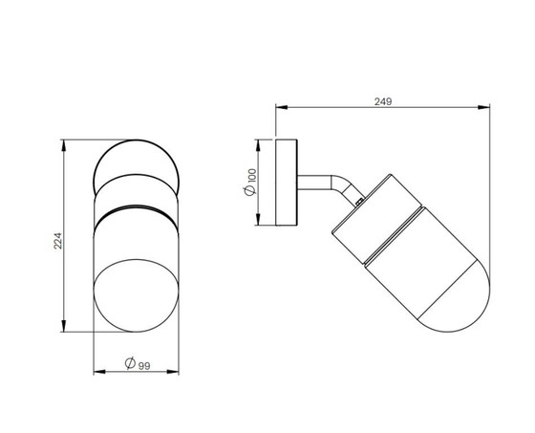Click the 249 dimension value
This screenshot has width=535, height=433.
click(x=383, y=101)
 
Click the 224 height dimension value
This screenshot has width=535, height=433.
click(x=57, y=241)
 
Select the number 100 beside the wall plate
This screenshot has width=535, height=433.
click(x=252, y=176)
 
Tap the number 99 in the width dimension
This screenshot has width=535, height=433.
click(x=144, y=366)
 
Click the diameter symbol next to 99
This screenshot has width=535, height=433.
click(x=130, y=363)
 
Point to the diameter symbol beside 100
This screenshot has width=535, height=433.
click(x=250, y=190)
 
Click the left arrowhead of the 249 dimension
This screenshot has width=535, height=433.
click(x=282, y=107)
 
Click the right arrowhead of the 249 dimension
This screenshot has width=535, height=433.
click(x=483, y=107)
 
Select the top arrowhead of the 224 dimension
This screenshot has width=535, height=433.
click(x=63, y=145)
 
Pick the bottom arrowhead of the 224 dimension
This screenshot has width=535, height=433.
click(x=63, y=326)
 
